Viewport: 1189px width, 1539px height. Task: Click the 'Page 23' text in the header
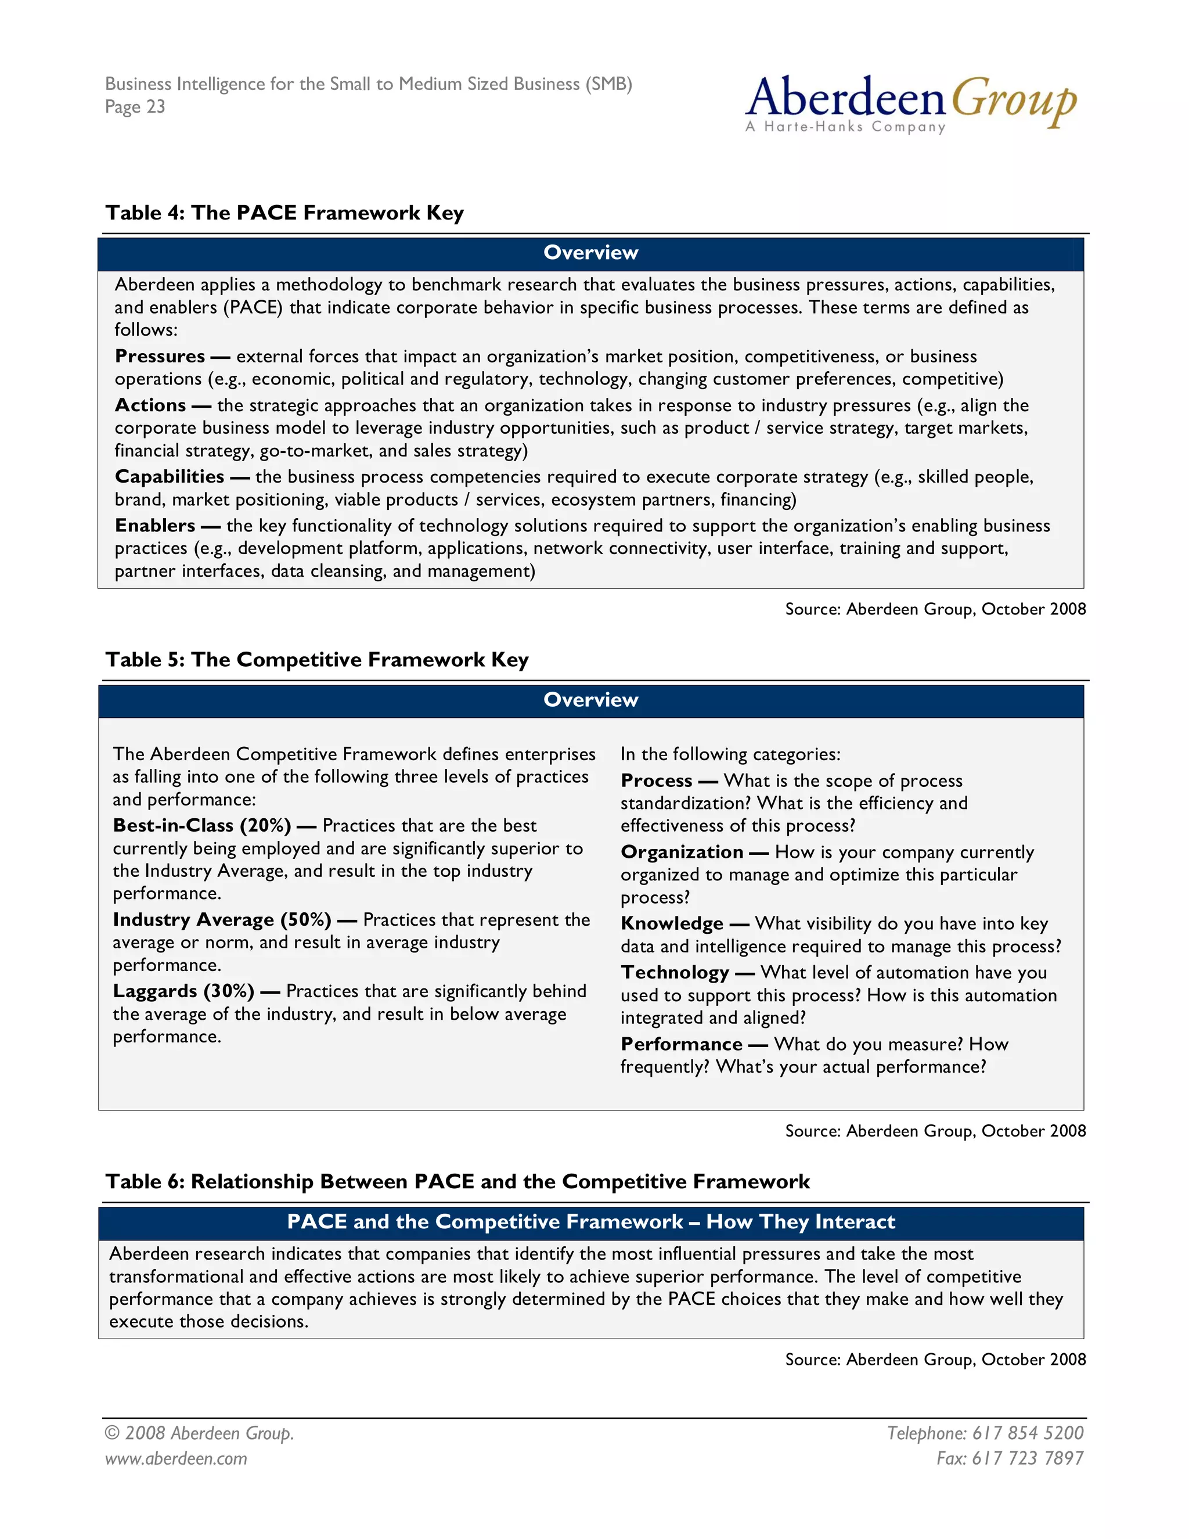(x=135, y=107)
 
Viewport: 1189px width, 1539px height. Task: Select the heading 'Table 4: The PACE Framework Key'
(x=284, y=213)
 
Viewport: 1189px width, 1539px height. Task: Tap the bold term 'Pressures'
(x=160, y=357)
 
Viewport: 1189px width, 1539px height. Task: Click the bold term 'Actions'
(x=151, y=405)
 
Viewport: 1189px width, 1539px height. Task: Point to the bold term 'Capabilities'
(x=170, y=476)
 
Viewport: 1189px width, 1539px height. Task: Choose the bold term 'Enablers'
(x=155, y=526)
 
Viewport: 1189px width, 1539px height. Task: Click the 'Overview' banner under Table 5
(x=590, y=700)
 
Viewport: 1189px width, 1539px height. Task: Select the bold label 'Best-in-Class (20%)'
(x=202, y=825)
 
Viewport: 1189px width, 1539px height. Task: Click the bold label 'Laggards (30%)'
(x=183, y=991)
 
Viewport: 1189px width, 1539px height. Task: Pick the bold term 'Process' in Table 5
(x=657, y=781)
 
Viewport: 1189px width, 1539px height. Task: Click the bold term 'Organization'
(x=682, y=852)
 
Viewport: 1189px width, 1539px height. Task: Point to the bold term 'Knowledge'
(x=672, y=924)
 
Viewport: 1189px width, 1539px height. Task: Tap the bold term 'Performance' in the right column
(x=681, y=1044)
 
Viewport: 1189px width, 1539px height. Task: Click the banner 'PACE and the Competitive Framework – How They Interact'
(x=590, y=1222)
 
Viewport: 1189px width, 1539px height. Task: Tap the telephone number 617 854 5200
(x=1027, y=1433)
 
